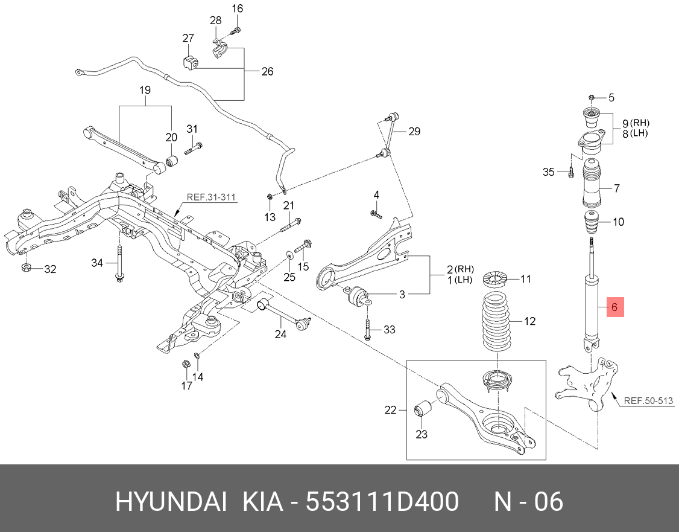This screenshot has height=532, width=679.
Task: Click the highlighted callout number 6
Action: pyautogui.click(x=614, y=307)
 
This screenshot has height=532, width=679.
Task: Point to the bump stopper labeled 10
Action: pyautogui.click(x=592, y=222)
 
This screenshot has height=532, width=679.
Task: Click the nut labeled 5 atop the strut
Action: pyautogui.click(x=592, y=97)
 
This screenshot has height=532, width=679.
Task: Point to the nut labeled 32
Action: pyautogui.click(x=27, y=268)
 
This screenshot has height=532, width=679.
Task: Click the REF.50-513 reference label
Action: pyautogui.click(x=648, y=400)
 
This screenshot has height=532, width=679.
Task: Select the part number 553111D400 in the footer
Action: pyautogui.click(x=382, y=501)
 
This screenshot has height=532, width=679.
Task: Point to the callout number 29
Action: pyautogui.click(x=414, y=131)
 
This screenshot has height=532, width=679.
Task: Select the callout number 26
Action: pyautogui.click(x=267, y=71)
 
